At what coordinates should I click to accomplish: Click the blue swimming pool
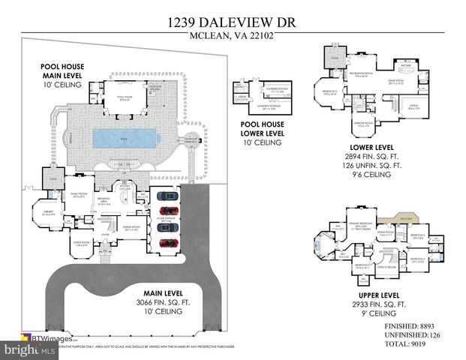coord(123,138)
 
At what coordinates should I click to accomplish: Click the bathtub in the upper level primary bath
coord(321,246)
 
